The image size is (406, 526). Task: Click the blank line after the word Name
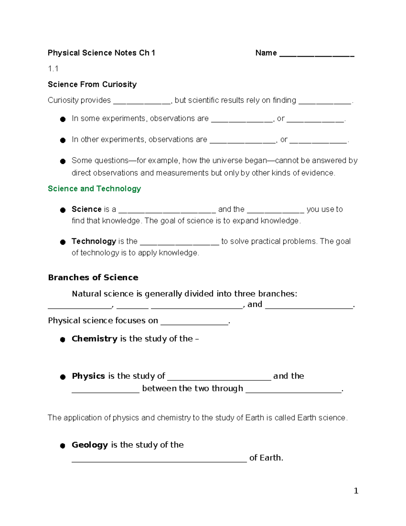(317, 55)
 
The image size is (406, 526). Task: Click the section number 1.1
(53, 69)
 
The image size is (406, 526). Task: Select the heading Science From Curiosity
(92, 84)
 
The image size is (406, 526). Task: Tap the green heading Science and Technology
(94, 189)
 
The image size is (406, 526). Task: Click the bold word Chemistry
(94, 339)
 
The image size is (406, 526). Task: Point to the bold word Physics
(88, 376)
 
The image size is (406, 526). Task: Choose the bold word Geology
(90, 445)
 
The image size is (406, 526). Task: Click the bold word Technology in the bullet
(94, 241)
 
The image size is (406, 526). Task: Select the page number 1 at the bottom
(356, 491)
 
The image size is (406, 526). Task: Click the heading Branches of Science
(93, 277)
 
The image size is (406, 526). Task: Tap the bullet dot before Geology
(63, 446)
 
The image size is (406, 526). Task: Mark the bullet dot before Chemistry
(63, 340)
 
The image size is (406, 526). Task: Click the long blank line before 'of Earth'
(159, 460)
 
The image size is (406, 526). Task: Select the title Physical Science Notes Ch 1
(101, 53)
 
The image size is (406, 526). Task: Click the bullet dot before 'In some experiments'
(63, 119)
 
